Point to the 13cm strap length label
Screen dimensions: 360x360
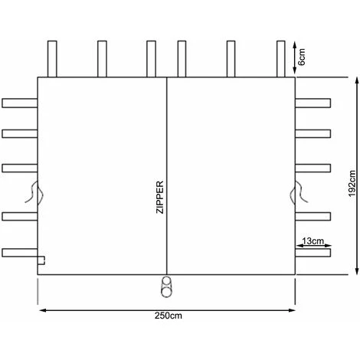[311, 242]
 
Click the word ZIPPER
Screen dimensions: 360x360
[160, 201]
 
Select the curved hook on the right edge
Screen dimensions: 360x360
[298, 192]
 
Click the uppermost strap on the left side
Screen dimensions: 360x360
[20, 102]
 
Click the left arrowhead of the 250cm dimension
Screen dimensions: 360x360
[41, 309]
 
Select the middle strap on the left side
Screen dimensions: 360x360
[20, 166]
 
